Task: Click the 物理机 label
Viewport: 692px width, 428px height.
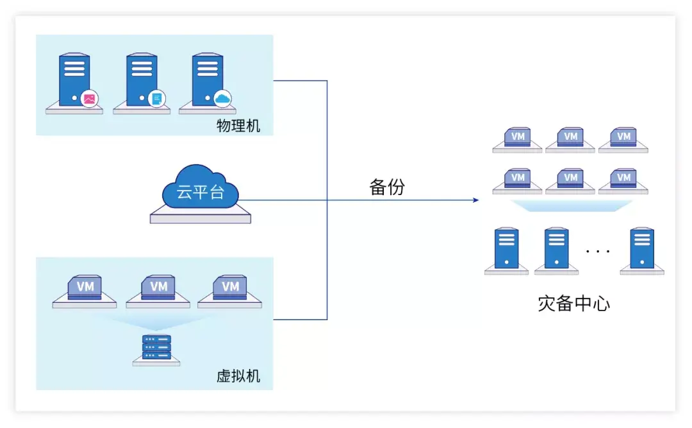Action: (x=238, y=126)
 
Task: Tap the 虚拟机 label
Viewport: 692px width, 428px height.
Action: (x=238, y=375)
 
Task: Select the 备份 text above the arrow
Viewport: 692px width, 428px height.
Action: (x=387, y=187)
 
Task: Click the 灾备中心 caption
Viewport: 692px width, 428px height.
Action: (x=573, y=303)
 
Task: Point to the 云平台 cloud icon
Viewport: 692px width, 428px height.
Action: (x=201, y=189)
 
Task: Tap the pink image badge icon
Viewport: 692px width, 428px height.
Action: (x=89, y=99)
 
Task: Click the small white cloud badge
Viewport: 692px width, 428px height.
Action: (x=222, y=98)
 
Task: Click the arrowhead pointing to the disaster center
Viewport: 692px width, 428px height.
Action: (x=475, y=200)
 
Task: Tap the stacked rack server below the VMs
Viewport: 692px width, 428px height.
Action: (x=156, y=347)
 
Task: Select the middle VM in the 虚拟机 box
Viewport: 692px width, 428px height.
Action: (x=158, y=287)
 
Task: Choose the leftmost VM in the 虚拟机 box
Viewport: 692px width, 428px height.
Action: (x=85, y=287)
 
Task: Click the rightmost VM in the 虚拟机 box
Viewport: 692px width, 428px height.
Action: (x=229, y=287)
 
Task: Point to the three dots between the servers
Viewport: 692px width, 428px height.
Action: (x=598, y=251)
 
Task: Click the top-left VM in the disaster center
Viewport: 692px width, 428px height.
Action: (x=518, y=137)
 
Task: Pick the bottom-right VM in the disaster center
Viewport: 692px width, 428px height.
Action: (x=623, y=178)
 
